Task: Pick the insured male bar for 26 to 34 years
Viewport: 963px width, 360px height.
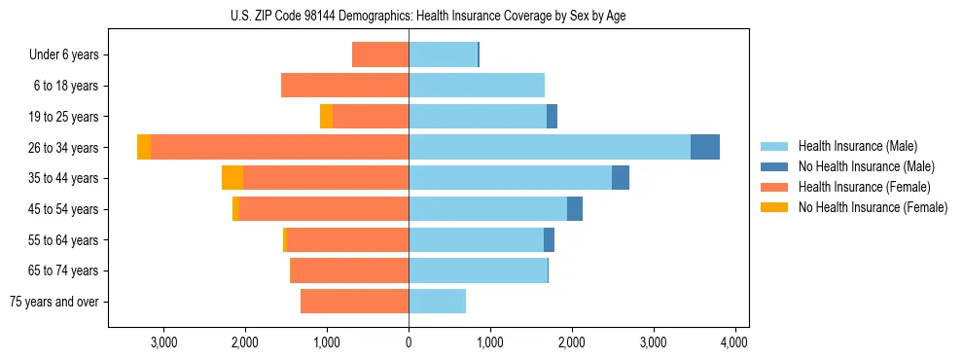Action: (550, 147)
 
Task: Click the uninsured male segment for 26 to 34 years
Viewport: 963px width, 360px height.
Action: (705, 147)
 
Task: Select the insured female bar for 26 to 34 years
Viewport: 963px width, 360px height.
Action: (279, 147)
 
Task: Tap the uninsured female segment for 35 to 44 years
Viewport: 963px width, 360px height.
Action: (232, 178)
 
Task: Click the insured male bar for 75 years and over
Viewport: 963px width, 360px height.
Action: (437, 302)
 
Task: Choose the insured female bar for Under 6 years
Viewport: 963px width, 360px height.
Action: (380, 54)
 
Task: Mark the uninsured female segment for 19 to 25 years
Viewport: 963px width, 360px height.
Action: (326, 116)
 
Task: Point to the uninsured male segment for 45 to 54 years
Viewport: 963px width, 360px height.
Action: (575, 208)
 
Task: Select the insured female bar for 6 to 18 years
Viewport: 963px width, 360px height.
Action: (344, 86)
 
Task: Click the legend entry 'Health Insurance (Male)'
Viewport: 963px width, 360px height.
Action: (857, 146)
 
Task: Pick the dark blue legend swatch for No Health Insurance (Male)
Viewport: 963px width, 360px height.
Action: (774, 166)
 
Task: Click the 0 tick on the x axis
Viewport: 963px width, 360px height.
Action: (409, 342)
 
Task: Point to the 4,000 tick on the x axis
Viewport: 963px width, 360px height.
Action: (734, 342)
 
